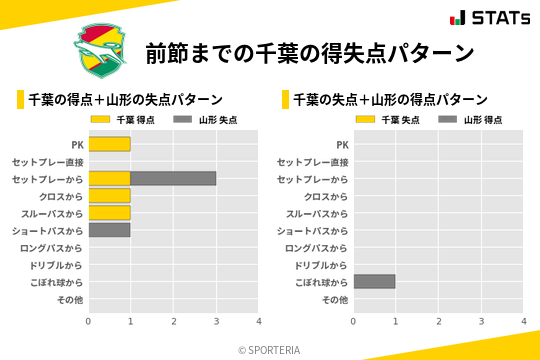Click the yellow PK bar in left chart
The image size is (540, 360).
[109, 144]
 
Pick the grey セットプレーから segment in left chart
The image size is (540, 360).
[173, 178]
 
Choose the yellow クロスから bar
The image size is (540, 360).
[109, 196]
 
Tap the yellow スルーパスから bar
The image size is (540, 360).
[109, 213]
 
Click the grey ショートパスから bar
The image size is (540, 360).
[109, 230]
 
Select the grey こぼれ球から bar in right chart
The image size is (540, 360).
[374, 282]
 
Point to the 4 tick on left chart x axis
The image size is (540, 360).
[258, 321]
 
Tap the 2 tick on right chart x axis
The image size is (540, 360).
[438, 321]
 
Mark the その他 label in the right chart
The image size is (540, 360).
[335, 300]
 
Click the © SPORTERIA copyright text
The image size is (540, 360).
[270, 350]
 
